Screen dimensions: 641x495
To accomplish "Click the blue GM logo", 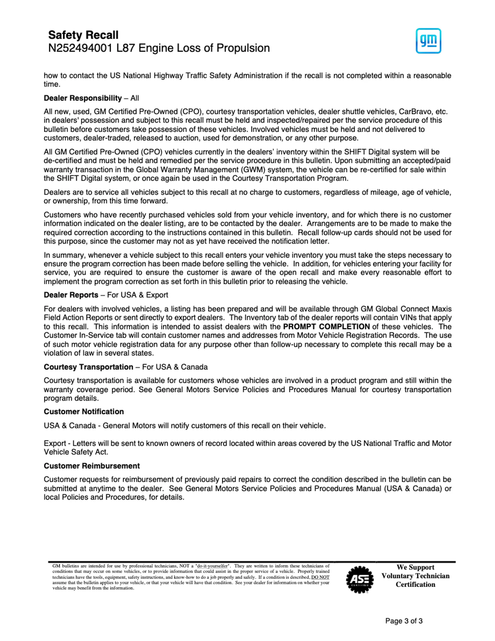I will (x=428, y=41).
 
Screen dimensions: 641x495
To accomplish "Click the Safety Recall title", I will (x=83, y=35).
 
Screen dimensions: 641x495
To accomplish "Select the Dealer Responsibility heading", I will (x=83, y=98).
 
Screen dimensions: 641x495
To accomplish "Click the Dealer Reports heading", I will (x=71, y=295).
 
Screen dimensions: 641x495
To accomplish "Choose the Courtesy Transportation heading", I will (x=88, y=367).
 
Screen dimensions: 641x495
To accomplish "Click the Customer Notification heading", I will (x=84, y=411).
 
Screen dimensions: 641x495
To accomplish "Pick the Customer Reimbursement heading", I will (x=92, y=466).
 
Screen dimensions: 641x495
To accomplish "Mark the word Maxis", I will (x=441, y=309).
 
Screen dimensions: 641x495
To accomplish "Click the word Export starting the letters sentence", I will (x=55, y=443).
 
